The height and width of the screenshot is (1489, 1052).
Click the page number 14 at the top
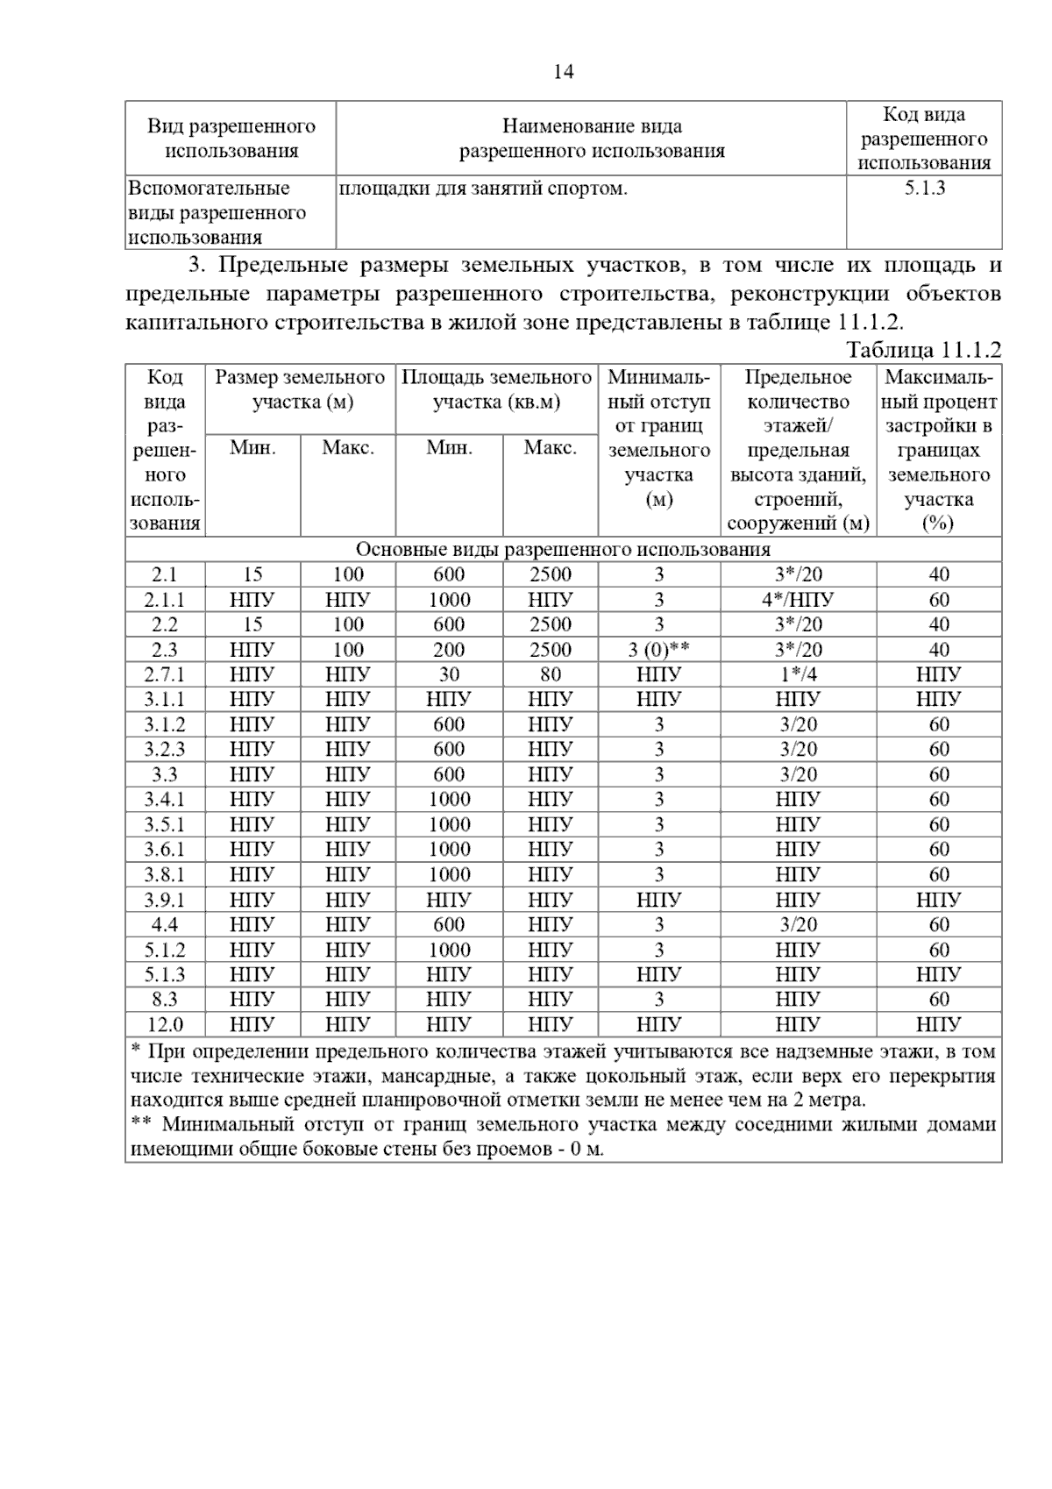[563, 72]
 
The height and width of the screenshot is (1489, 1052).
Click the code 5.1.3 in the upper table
[924, 188]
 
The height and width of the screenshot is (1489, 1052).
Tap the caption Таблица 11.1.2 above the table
[923, 350]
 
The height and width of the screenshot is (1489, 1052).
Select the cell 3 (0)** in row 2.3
[658, 650]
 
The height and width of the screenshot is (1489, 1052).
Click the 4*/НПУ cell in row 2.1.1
[797, 600]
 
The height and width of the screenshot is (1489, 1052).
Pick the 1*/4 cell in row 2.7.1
[797, 674]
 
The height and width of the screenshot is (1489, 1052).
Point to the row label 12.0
[165, 1024]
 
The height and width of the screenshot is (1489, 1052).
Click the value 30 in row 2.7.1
[449, 674]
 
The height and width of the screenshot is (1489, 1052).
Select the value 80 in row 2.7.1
[550, 674]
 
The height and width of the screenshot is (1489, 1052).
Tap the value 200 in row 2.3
[449, 650]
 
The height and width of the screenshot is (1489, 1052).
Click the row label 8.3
[165, 999]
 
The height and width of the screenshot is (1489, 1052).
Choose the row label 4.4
[165, 924]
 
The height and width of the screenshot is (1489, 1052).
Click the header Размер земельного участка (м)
[300, 390]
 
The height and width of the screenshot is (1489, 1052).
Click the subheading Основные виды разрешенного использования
[563, 550]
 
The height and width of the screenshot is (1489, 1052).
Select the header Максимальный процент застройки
[939, 450]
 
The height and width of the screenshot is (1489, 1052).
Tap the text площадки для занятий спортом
[483, 188]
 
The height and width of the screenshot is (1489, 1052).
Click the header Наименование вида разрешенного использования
[592, 139]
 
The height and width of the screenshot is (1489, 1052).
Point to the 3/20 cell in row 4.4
[797, 924]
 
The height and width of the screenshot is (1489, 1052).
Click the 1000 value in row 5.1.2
[449, 950]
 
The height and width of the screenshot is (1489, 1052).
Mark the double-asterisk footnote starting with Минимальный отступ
[563, 1136]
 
